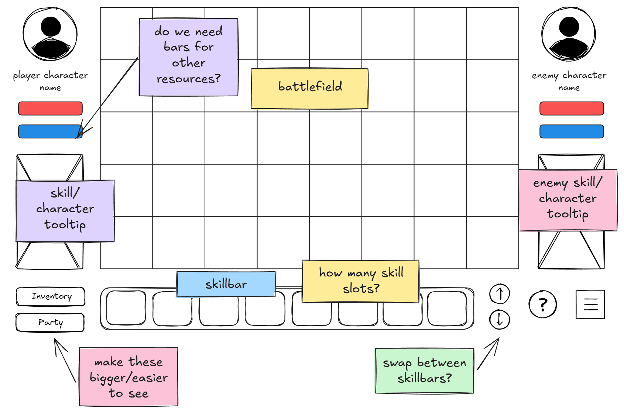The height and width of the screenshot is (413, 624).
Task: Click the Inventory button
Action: pyautogui.click(x=51, y=296)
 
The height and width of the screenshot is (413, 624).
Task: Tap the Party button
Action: pyautogui.click(x=50, y=323)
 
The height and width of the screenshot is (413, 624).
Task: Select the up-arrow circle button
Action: pyautogui.click(x=500, y=294)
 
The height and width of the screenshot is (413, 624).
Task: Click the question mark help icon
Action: pyautogui.click(x=542, y=304)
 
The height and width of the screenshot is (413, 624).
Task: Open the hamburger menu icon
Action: pyautogui.click(x=590, y=304)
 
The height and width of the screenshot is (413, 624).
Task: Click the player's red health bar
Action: pyautogui.click(x=50, y=109)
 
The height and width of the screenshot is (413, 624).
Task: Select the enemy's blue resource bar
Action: pyautogui.click(x=572, y=131)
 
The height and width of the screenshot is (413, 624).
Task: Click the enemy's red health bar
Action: pyautogui.click(x=572, y=109)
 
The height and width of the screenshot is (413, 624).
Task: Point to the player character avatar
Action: pyautogui.click(x=50, y=34)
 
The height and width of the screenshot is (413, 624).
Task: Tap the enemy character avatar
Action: pyautogui.click(x=569, y=34)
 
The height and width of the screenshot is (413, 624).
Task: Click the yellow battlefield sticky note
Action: pyautogui.click(x=309, y=89)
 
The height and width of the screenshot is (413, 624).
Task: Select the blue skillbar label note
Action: pyautogui.click(x=226, y=284)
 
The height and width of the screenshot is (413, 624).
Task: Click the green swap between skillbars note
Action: pyautogui.click(x=424, y=371)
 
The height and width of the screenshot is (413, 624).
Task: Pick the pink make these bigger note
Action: pyautogui.click(x=128, y=377)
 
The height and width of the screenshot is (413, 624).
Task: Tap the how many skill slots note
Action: pyautogui.click(x=360, y=281)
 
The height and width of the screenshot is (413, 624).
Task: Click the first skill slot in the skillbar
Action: pyautogui.click(x=126, y=308)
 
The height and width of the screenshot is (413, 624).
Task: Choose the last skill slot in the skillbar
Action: pyautogui.click(x=447, y=308)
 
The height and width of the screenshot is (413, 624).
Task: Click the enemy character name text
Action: pyautogui.click(x=569, y=81)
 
